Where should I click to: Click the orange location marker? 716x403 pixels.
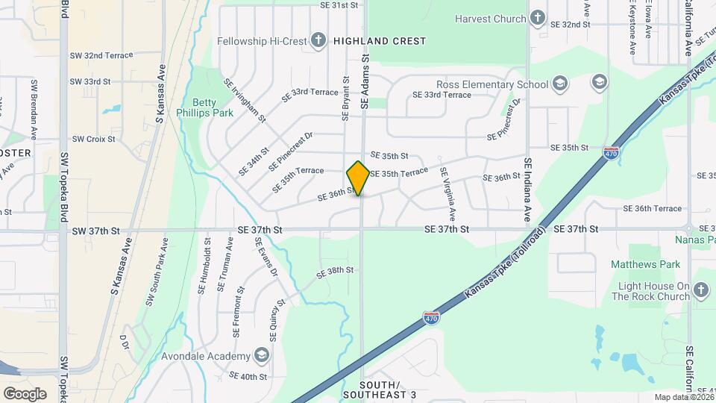[x=359, y=178]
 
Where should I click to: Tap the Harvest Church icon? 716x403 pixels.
[x=538, y=19]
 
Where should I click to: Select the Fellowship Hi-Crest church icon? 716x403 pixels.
[x=318, y=40]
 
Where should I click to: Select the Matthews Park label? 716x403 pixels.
[x=646, y=264]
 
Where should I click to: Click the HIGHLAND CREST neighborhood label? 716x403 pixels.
[x=380, y=41]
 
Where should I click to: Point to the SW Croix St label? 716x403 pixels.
[x=93, y=139]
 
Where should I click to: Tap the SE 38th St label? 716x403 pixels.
[x=333, y=272]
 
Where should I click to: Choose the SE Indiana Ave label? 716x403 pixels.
[x=527, y=190]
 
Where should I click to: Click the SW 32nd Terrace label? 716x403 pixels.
[x=101, y=55]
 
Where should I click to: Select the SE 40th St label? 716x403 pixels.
[x=248, y=376]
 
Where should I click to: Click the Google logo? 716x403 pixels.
[x=25, y=394]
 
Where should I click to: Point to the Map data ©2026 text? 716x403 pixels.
[x=683, y=397]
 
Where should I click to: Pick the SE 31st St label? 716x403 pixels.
[x=339, y=5]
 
